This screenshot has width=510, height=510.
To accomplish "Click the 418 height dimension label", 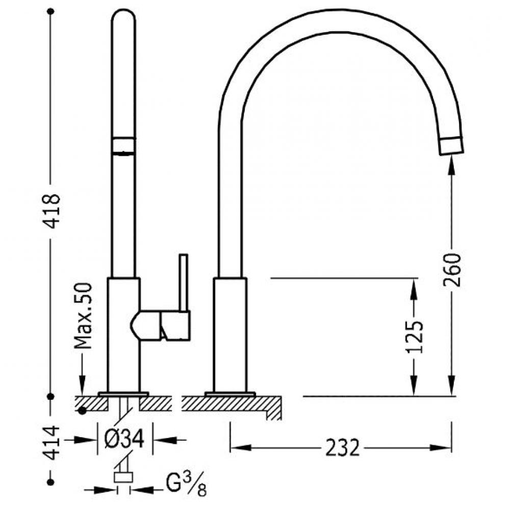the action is (x=52, y=212).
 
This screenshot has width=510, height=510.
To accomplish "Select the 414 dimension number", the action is (x=52, y=443).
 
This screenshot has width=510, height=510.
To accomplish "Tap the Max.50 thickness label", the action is (x=83, y=316).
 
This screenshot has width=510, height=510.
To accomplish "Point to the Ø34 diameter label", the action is (x=124, y=439).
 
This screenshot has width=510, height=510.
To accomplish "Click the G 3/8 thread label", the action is (x=186, y=486).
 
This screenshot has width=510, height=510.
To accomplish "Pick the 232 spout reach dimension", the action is (x=343, y=448).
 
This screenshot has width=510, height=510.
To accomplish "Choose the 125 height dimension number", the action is (x=414, y=337).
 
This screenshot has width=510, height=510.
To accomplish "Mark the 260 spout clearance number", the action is (x=452, y=270).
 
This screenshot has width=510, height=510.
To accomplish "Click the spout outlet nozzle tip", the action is (x=451, y=145).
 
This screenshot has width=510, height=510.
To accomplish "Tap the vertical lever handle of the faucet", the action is (x=184, y=283).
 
